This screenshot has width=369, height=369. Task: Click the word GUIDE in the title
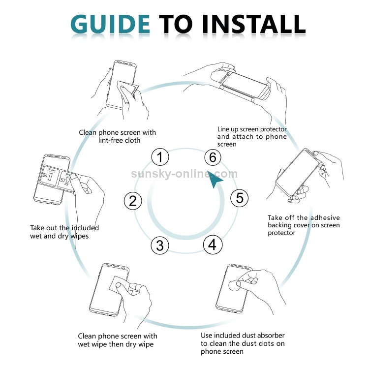tap(110, 24)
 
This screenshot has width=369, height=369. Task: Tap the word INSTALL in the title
tap(254, 24)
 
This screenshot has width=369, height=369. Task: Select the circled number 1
tap(160, 157)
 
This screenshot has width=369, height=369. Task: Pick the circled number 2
tap(133, 201)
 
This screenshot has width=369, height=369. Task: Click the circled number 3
tap(160, 245)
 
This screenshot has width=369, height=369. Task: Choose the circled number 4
tap(213, 245)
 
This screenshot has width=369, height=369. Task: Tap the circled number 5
tap(239, 198)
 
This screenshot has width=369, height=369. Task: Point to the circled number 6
tap(213, 157)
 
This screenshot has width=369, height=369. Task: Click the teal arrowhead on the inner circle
tap(215, 179)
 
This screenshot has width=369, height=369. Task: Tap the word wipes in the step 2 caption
tap(80, 236)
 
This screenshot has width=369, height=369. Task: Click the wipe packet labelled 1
tap(50, 176)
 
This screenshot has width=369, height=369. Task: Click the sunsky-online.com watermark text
tap(184, 174)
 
